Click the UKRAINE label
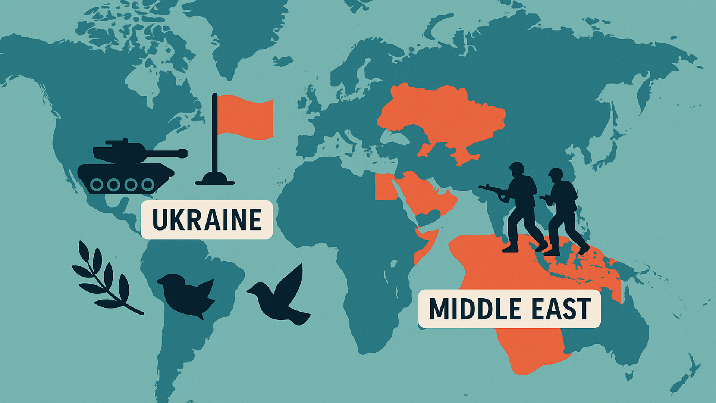coord(207,219)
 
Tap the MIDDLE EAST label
coord(509,309)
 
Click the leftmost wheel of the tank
coord(97,184)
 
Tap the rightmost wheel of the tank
coord(148,184)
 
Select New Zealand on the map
coord(686,373)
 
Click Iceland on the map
coord(283,61)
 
